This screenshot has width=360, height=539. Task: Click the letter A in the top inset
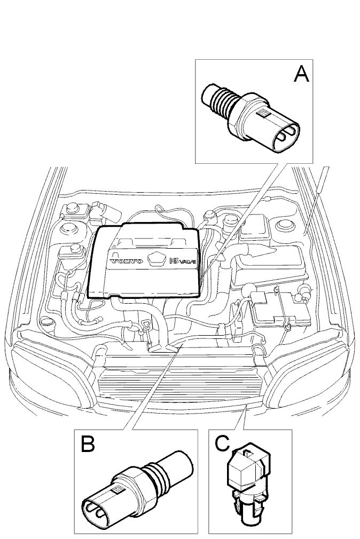tap(301, 74)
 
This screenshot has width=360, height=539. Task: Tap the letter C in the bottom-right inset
tap(222, 443)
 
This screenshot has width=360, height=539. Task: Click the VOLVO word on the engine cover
tap(126, 261)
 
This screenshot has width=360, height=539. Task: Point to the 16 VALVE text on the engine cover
tap(183, 261)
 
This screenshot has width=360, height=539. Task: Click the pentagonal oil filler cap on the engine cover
tap(156, 259)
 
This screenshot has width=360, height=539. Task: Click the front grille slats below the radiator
tap(179, 385)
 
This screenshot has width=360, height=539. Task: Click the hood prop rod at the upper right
tap(317, 200)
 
